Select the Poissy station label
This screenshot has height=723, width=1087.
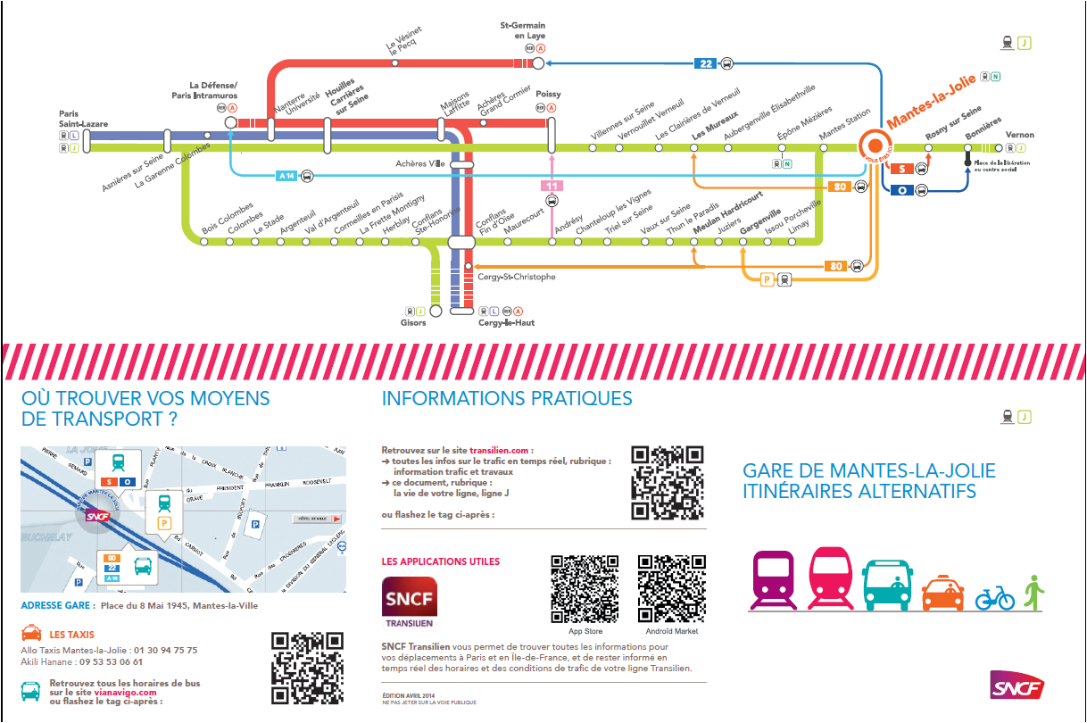pyautogui.click(x=548, y=93)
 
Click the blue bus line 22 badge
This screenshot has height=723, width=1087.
pyautogui.click(x=707, y=63)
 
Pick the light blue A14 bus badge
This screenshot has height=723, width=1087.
pyautogui.click(x=286, y=176)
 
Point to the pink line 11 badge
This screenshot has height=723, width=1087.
pyautogui.click(x=552, y=185)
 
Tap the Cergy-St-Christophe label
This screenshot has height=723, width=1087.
pyautogui.click(x=517, y=277)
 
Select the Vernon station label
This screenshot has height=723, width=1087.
pyautogui.click(x=1019, y=136)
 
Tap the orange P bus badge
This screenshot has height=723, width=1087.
pyautogui.click(x=767, y=279)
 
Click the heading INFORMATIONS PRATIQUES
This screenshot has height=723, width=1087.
pyautogui.click(x=506, y=398)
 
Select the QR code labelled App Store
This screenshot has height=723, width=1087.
pyautogui.click(x=585, y=588)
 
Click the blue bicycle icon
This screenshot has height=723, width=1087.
pyautogui.click(x=994, y=597)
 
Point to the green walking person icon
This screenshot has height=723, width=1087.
pyautogui.click(x=1034, y=592)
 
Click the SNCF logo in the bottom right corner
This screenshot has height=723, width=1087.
pyautogui.click(x=1016, y=685)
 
